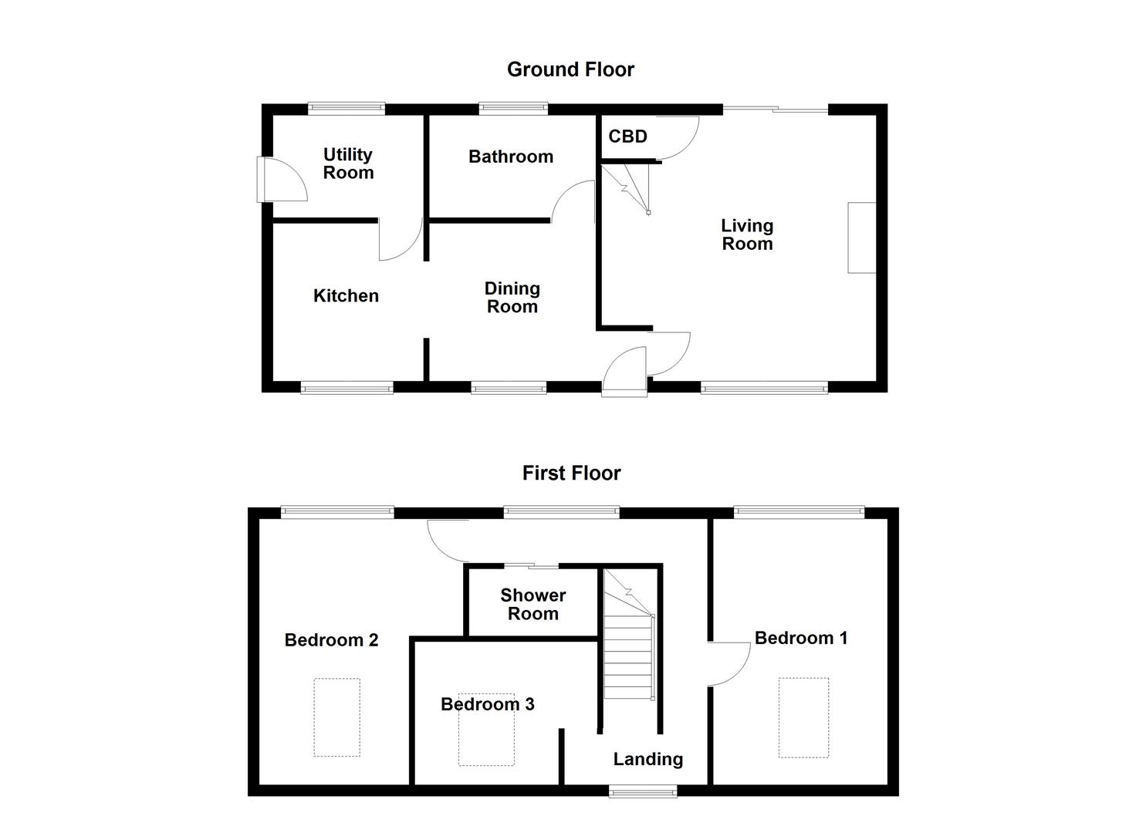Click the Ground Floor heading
point(570,69)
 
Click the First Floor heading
point(571,473)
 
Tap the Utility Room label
point(348,164)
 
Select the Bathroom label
point(511,157)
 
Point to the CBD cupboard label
point(627,137)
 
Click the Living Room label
point(747,234)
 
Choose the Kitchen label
point(346,295)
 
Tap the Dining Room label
point(512,298)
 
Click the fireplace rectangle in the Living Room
point(861,238)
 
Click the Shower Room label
point(532,605)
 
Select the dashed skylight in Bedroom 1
point(803,717)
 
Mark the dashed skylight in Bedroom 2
point(336,717)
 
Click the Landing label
point(647,759)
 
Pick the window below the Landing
point(643,791)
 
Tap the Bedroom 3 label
point(487,704)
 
